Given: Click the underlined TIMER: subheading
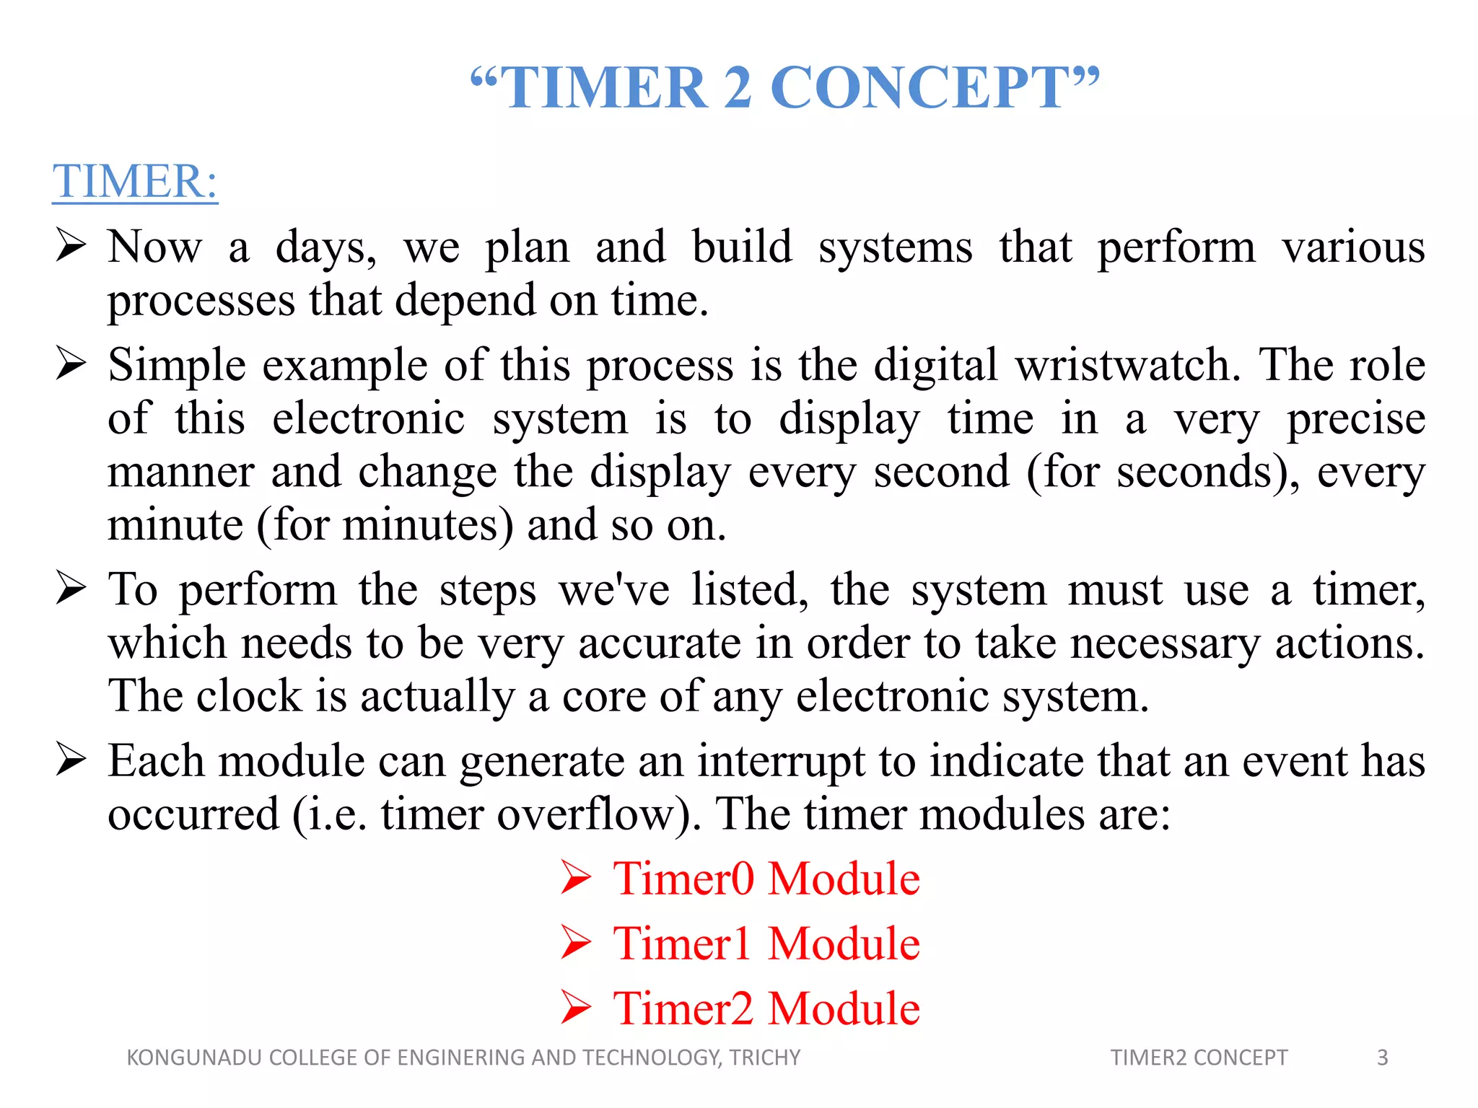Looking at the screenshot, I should click(135, 181).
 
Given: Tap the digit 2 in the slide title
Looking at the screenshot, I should click(738, 88).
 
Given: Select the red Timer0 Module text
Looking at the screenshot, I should click(766, 879).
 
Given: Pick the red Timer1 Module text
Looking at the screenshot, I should click(766, 944).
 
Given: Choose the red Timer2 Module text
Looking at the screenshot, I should click(766, 1008).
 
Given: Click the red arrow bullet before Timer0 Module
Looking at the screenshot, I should click(576, 879).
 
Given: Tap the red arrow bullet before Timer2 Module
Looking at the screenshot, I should click(576, 1008).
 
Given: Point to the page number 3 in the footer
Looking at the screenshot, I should click(1382, 1058).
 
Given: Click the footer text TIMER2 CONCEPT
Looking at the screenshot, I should click(1199, 1058).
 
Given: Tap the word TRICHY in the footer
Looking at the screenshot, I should click(764, 1058).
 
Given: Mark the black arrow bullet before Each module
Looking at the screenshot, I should click(71, 760).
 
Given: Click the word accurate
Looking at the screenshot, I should click(659, 643).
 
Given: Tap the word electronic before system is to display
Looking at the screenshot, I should click(368, 419).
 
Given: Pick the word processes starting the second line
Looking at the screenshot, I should click(201, 301).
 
